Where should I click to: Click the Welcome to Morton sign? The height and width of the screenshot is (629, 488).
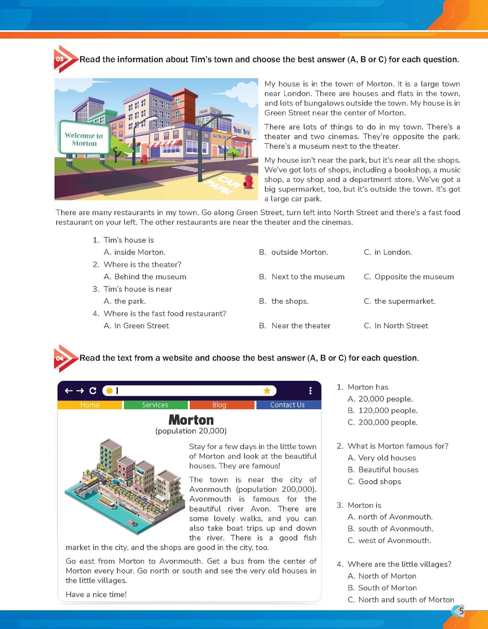[x=84, y=139]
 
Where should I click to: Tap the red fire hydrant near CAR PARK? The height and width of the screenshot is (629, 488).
[x=249, y=182]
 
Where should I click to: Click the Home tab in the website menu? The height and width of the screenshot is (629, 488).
[x=90, y=405]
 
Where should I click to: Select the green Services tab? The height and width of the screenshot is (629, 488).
[x=155, y=405]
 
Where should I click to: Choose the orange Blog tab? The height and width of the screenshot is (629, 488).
[x=219, y=405]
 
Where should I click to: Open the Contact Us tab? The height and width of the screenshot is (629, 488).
[x=288, y=405]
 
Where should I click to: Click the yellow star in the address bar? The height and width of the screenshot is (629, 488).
[x=267, y=391]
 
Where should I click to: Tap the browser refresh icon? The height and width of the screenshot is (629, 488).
[x=93, y=391]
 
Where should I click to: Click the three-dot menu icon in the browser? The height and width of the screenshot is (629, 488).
[x=310, y=391]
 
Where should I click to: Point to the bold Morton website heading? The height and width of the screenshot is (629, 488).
[x=191, y=420]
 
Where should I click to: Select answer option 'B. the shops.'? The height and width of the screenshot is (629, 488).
[x=290, y=301]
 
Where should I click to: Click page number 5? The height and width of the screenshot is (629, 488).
[x=461, y=611]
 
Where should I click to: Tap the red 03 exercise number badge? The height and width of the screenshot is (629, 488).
[x=60, y=59]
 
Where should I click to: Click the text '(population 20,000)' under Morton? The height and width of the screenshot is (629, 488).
[x=191, y=431]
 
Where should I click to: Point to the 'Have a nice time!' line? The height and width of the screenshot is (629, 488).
[x=96, y=595]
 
